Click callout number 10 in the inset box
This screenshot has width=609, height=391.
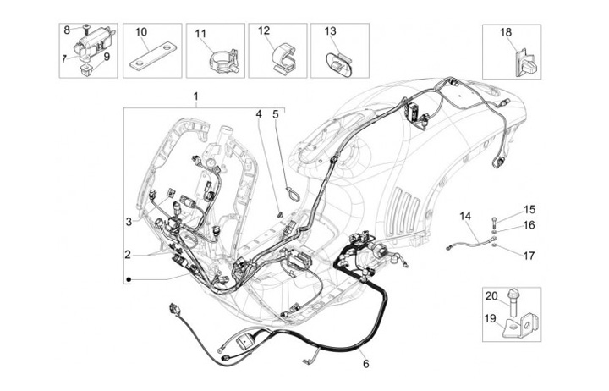point(141,32)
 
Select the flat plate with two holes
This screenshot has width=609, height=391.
point(152,57)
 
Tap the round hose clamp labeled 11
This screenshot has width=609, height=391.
point(222,61)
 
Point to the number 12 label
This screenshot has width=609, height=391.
point(264,30)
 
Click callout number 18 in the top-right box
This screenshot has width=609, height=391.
point(506,32)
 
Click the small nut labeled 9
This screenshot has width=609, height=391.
point(85,69)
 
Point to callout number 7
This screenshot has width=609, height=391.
point(63,58)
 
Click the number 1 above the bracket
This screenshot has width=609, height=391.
point(196,96)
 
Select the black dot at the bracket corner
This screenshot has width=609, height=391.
point(129,279)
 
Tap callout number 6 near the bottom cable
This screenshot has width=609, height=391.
point(365,364)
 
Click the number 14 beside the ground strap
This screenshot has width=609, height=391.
point(465,215)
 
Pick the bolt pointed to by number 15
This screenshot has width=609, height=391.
point(494,223)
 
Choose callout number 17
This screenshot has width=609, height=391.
point(529,256)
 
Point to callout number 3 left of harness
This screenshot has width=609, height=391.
point(129,222)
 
